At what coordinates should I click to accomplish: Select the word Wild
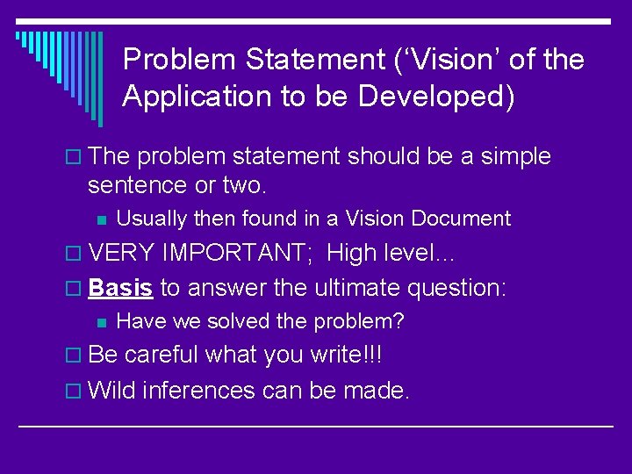(112, 389)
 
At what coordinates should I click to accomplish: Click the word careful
(162, 355)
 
